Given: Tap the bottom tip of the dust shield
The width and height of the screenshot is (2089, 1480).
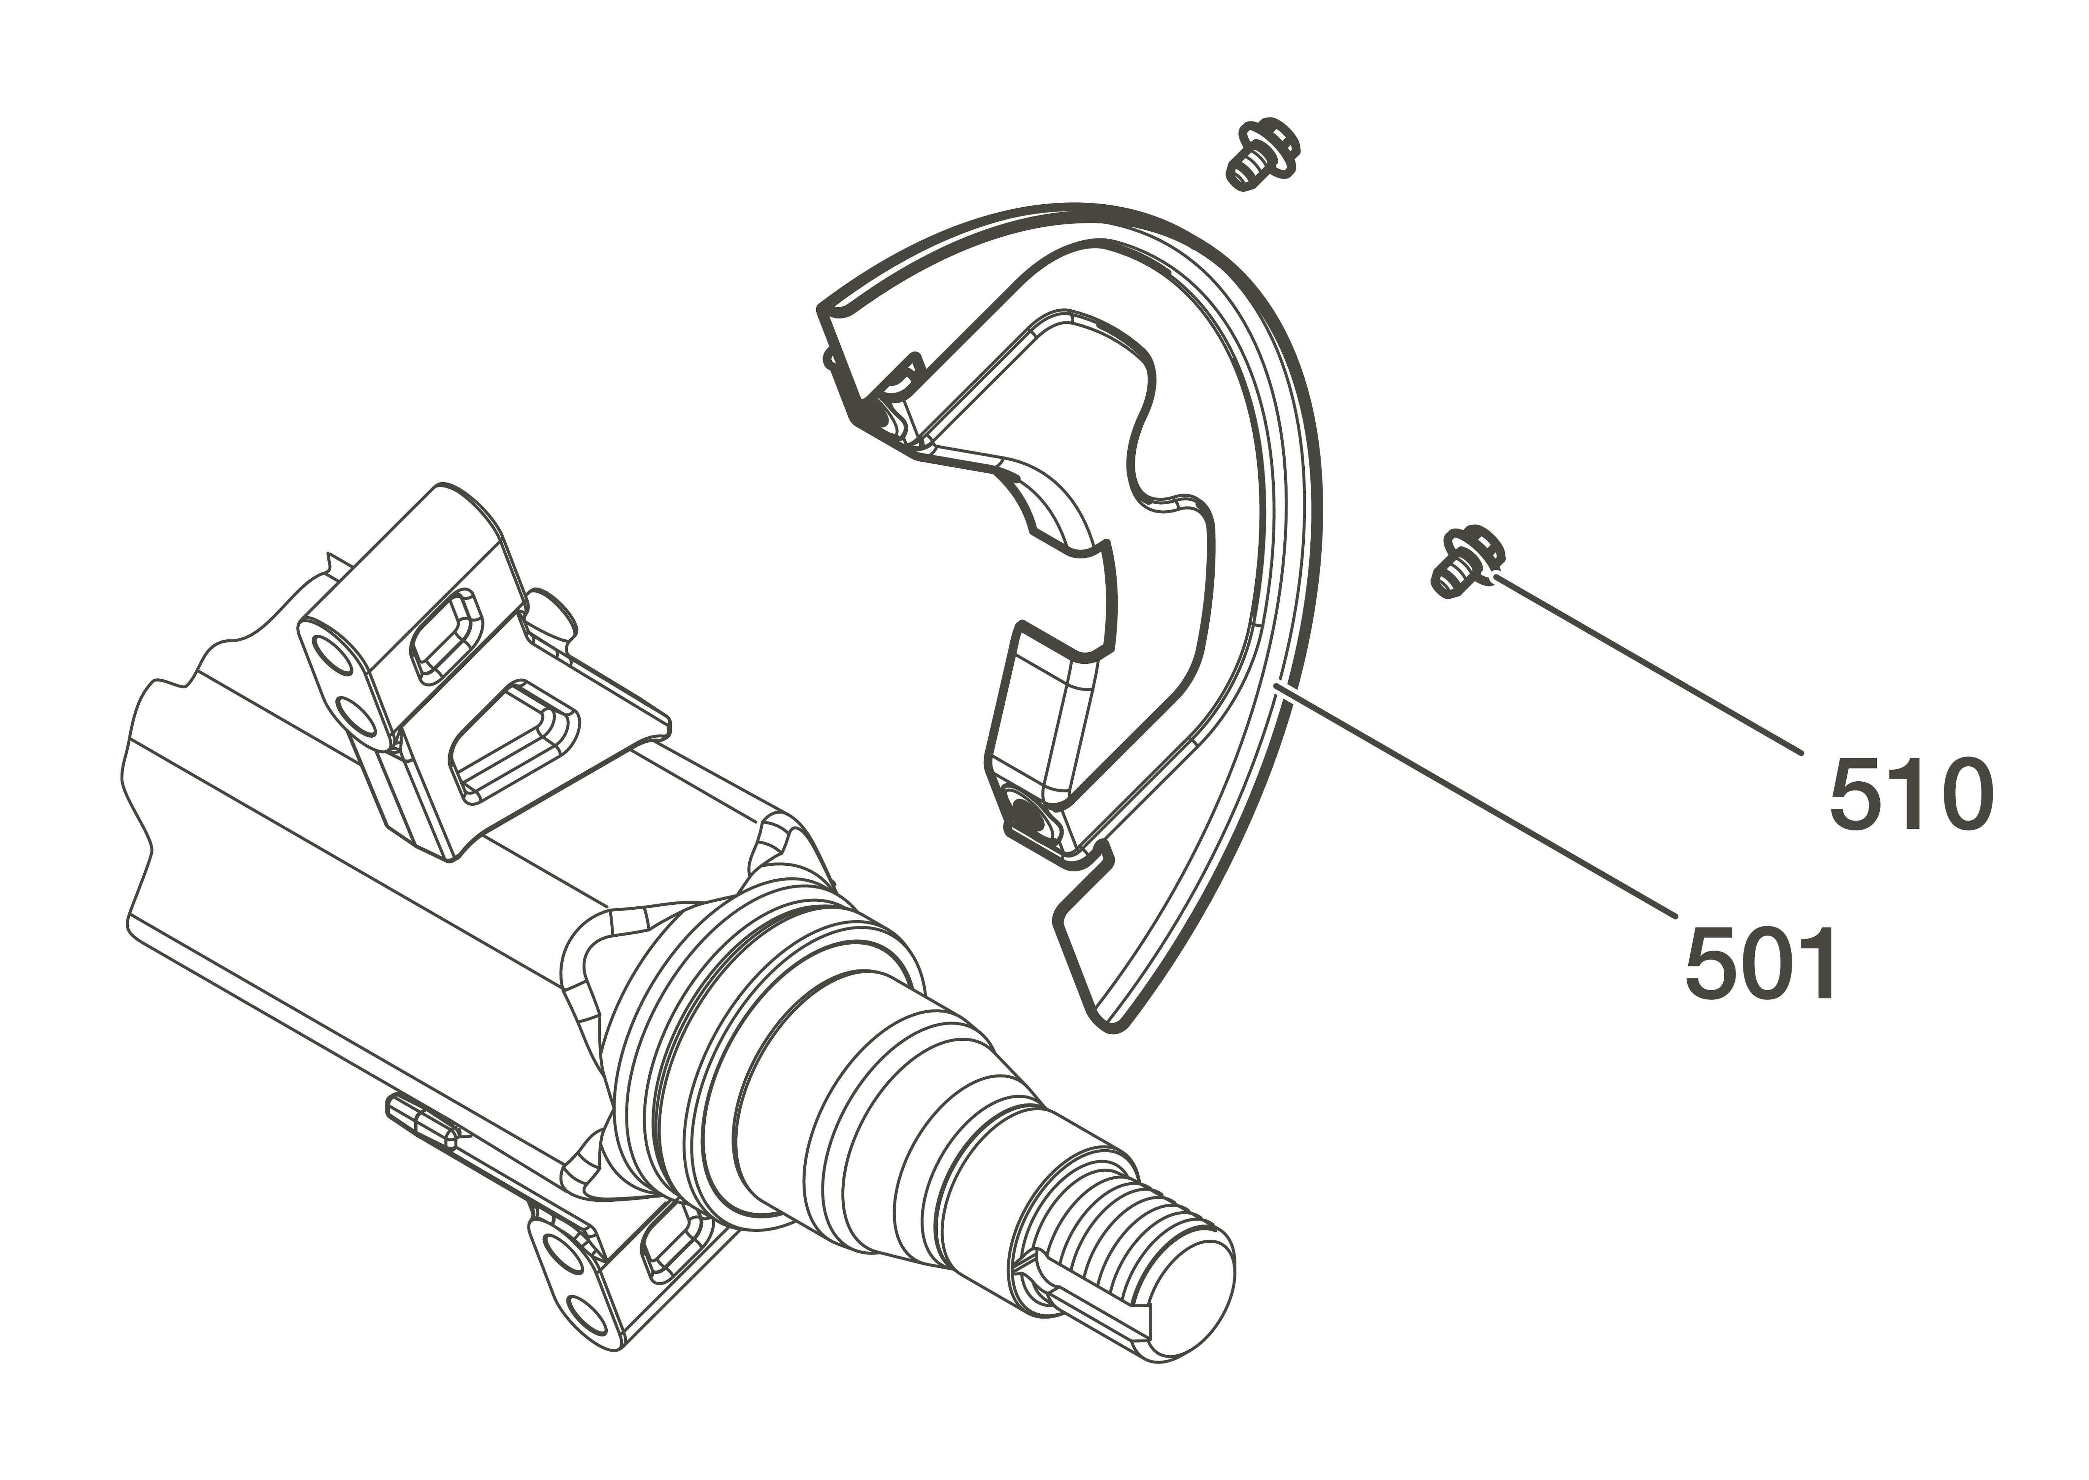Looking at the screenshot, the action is (x=1114, y=1028).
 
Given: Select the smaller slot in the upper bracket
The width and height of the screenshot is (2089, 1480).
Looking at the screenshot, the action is (x=445, y=635).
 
